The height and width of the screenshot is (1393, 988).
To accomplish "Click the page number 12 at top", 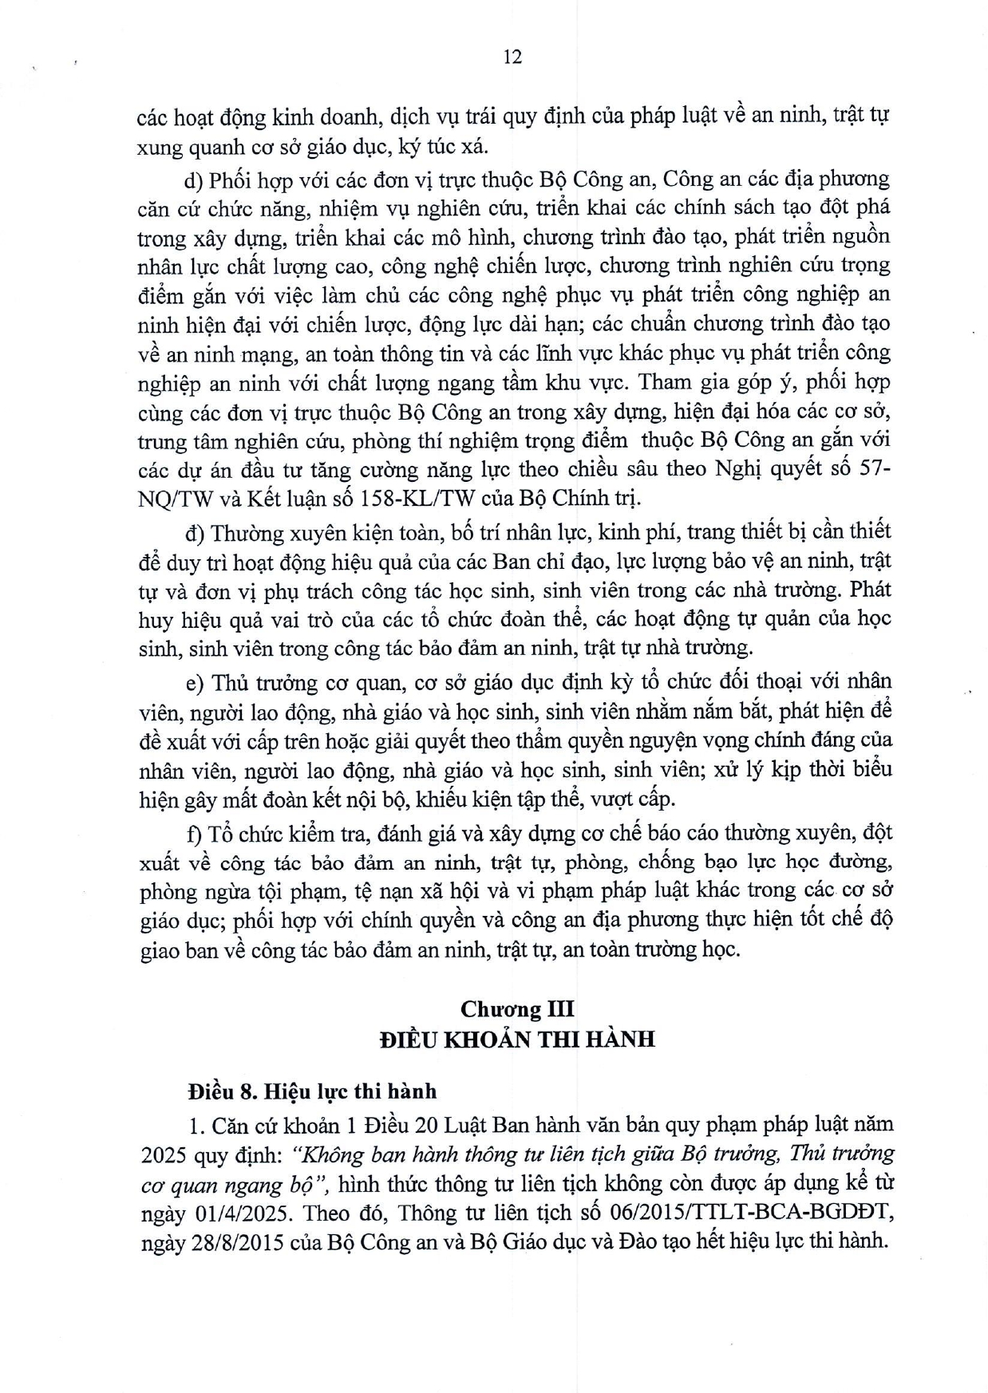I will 513,57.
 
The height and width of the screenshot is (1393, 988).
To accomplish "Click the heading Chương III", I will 517,1008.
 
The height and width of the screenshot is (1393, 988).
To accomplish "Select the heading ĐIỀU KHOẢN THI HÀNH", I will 517,1039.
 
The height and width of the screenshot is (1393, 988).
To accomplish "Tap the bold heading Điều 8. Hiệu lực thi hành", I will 311,1091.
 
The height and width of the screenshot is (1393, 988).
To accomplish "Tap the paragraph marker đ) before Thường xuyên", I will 195,532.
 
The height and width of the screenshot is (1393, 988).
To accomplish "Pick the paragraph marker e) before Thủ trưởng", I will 195,682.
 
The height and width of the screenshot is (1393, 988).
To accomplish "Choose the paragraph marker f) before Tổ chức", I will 194,833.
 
